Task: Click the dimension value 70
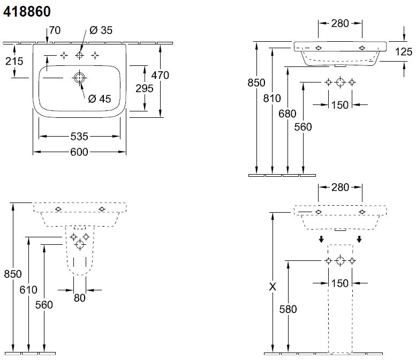point(55,31)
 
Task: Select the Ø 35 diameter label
point(101,31)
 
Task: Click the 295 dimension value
point(144,88)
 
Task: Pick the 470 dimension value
point(160,75)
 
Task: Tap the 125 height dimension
point(404,51)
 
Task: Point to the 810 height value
point(273,98)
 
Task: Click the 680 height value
point(288,113)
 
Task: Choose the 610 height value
point(28,290)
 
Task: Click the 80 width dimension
point(80,298)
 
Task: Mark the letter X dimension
point(273,287)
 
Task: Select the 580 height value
point(288,309)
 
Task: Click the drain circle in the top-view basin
point(79,78)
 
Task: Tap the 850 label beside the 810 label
point(256,82)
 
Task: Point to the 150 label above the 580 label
point(340,283)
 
